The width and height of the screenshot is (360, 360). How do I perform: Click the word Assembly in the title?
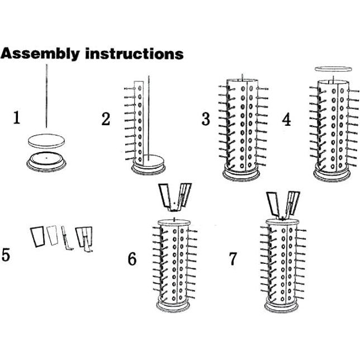(x=40, y=54)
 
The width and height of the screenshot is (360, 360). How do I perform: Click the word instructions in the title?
(x=134, y=54)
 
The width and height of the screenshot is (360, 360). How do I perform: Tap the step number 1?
(x=16, y=117)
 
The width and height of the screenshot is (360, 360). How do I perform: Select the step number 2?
(x=106, y=119)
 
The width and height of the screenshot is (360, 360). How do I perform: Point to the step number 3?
(x=206, y=119)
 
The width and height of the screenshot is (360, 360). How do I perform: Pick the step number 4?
(x=287, y=120)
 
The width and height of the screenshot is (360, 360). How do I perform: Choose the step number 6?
(x=132, y=259)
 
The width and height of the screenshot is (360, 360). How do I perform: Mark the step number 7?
(x=233, y=259)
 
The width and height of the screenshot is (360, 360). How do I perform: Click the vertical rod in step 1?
(x=46, y=96)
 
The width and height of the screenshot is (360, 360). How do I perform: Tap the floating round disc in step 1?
(x=46, y=140)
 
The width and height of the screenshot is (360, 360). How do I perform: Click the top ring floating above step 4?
(x=333, y=69)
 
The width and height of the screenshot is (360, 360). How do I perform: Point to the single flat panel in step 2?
(x=139, y=122)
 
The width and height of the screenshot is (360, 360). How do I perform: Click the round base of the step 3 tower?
(x=241, y=175)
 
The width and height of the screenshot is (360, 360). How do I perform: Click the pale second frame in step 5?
(x=53, y=235)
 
